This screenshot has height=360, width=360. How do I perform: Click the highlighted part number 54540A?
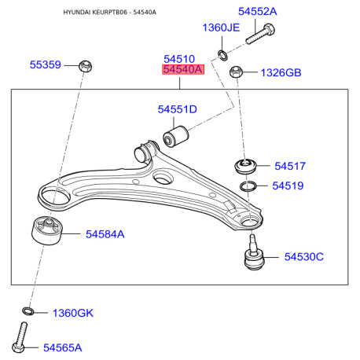(x=182, y=71)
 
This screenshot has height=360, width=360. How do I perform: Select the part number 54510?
(x=178, y=59)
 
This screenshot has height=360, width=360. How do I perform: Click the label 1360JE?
(x=221, y=28)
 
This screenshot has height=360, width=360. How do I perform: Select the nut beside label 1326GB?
(x=236, y=73)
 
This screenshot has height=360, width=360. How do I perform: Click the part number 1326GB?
(x=281, y=73)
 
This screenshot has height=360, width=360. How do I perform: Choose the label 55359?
(x=46, y=64)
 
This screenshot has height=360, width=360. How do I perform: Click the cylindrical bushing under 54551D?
(x=174, y=134)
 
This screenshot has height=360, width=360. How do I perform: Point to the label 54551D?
(x=177, y=109)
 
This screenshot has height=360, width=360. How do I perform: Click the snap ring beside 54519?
(x=248, y=186)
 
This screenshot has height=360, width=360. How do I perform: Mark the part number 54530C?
(x=303, y=257)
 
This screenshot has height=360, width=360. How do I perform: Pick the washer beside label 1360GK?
(x=28, y=313)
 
